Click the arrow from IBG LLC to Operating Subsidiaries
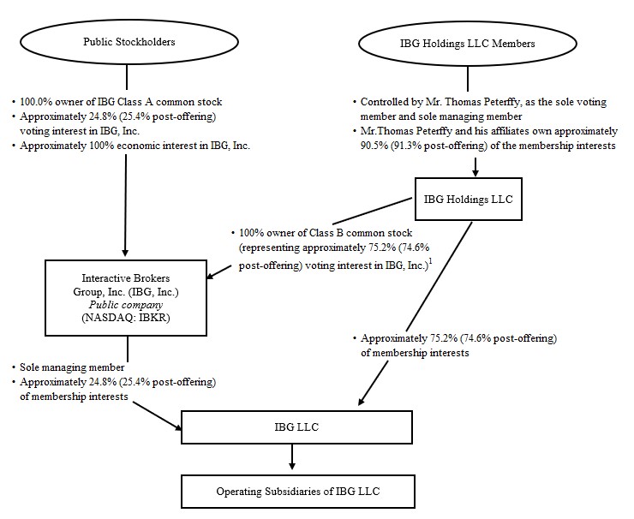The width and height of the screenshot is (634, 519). (292, 458)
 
